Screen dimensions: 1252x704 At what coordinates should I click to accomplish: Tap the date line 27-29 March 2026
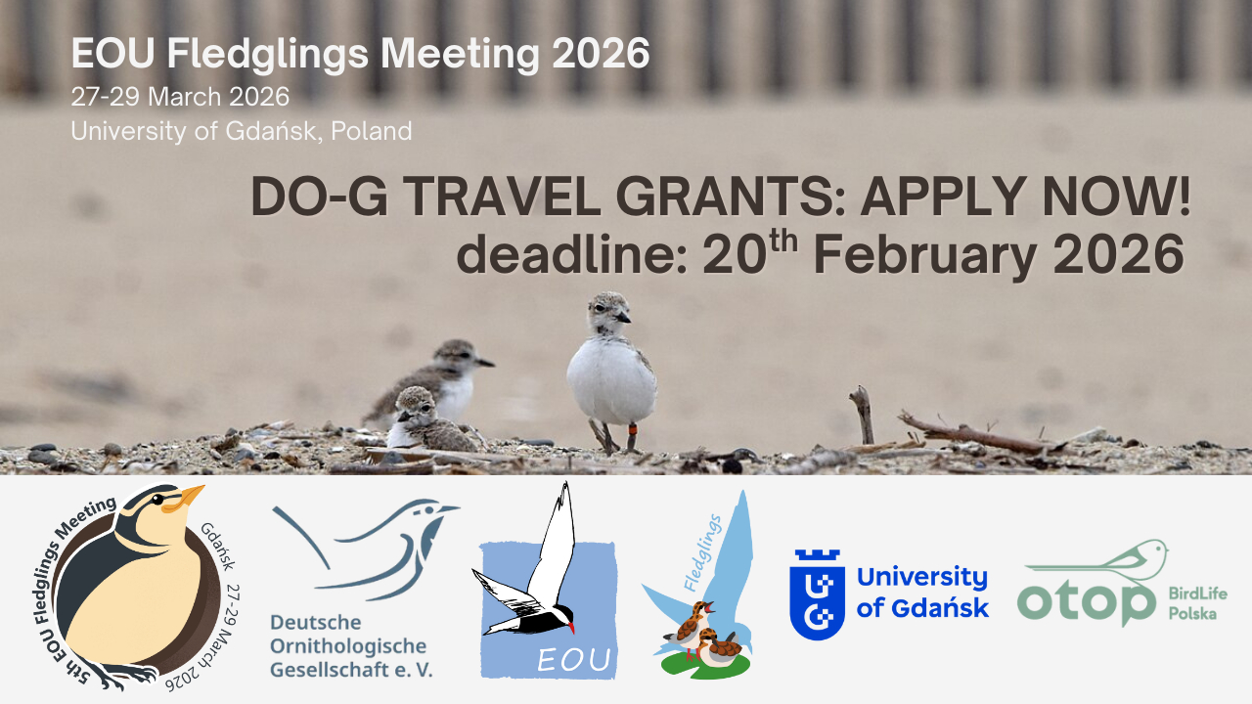tap(180, 97)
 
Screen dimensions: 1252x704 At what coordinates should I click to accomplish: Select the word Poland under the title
tap(372, 131)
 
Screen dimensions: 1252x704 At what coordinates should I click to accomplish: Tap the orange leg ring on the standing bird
tap(632, 429)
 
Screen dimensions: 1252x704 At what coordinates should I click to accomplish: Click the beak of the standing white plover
tap(623, 318)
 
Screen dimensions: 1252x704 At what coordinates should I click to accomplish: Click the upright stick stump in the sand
tap(864, 415)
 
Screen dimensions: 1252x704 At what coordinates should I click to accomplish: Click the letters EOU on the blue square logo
tap(573, 660)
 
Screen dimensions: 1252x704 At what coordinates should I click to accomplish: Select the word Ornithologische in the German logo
tap(347, 646)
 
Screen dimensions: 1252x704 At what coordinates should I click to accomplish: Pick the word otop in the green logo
tap(1086, 601)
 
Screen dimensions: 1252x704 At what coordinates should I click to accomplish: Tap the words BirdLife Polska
tap(1197, 603)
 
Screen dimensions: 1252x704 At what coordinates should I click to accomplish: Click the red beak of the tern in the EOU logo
tap(570, 628)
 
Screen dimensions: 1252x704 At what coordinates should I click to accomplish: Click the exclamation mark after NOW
tap(1184, 196)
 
